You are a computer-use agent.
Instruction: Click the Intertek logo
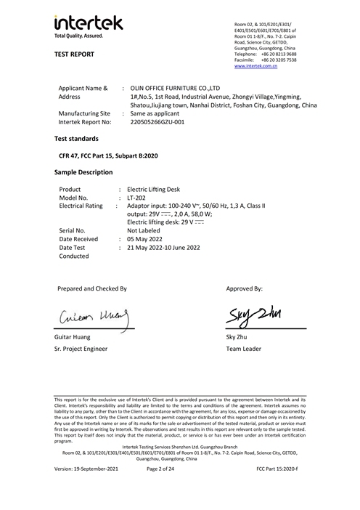click(78, 25)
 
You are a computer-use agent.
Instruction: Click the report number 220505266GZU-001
click(157, 122)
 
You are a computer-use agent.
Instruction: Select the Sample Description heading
click(83, 172)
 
